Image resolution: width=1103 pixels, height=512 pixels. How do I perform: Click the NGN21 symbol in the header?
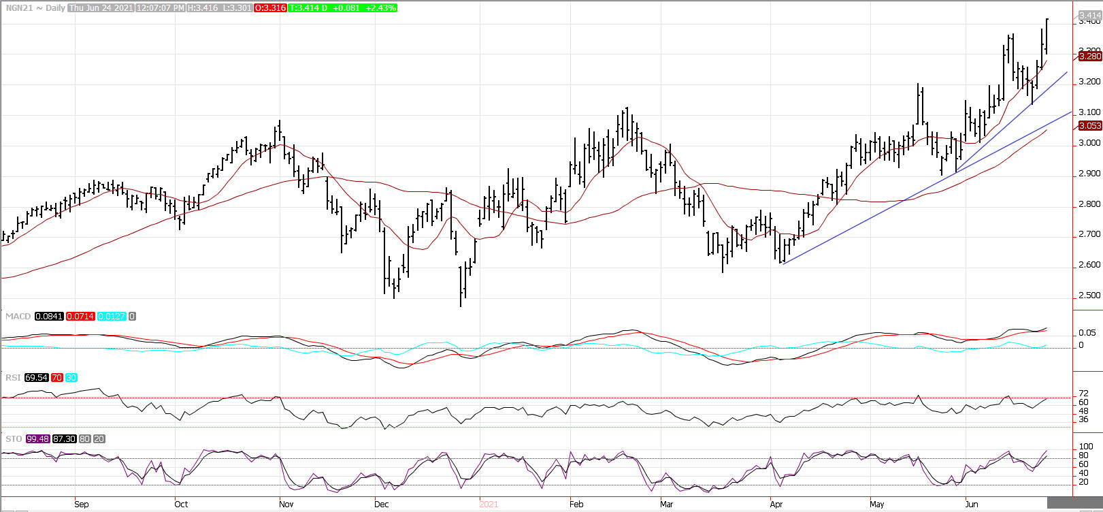[x=16, y=7]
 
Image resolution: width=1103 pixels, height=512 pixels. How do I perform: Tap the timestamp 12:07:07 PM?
[x=160, y=7]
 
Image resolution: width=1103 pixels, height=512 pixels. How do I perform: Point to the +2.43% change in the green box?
[x=380, y=7]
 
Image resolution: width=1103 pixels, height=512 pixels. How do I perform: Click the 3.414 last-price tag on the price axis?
[x=1089, y=14]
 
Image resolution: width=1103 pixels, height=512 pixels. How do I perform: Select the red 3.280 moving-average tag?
[x=1090, y=57]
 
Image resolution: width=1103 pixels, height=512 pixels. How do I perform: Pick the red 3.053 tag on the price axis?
[x=1090, y=125]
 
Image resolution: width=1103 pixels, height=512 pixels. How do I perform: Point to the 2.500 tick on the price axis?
[x=1089, y=295]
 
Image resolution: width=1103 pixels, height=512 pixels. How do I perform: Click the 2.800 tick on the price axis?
[x=1089, y=204]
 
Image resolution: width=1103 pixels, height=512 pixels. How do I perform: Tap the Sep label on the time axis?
[x=81, y=505]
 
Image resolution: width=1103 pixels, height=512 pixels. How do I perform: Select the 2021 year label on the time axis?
[x=489, y=505]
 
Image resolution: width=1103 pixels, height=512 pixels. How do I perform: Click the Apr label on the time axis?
[x=776, y=505]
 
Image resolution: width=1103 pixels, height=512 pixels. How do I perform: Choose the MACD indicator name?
[x=18, y=317]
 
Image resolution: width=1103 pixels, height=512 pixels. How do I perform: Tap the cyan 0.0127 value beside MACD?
[x=111, y=317]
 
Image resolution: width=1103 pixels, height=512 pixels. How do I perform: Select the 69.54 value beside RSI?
[x=36, y=377]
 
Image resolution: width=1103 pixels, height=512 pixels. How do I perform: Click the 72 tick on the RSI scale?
[x=1084, y=394]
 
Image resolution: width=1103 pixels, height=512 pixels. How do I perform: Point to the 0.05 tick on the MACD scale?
[x=1087, y=333]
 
